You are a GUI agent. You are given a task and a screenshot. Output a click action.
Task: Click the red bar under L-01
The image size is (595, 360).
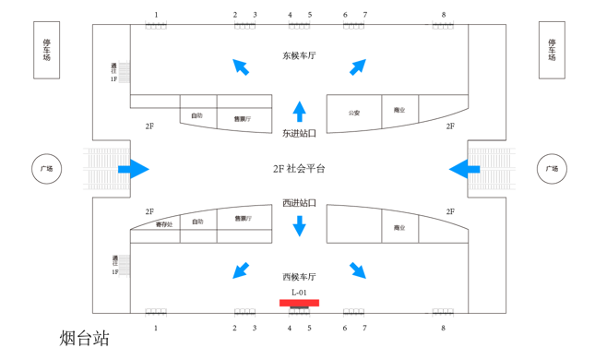pyautogui.click(x=299, y=303)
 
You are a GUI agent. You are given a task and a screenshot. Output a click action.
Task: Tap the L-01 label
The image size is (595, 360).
pyautogui.click(x=299, y=293)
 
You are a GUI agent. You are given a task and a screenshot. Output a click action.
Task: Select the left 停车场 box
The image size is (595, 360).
pyautogui.click(x=47, y=50)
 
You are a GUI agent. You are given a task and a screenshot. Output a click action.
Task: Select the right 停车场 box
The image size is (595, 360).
pyautogui.click(x=552, y=50)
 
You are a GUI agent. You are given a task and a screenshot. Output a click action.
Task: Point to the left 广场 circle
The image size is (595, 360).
pyautogui.click(x=46, y=169)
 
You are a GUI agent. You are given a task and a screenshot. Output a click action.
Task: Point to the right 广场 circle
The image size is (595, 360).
pyautogui.click(x=552, y=169)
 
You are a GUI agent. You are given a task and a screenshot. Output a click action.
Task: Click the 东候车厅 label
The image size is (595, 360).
pyautogui.click(x=299, y=56)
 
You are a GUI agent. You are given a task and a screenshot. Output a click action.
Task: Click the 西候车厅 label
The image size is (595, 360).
pyautogui.click(x=299, y=277)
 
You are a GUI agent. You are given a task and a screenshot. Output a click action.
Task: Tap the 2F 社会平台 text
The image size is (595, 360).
pyautogui.click(x=299, y=169)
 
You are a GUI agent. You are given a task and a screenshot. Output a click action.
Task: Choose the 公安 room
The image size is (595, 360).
pyautogui.click(x=354, y=113)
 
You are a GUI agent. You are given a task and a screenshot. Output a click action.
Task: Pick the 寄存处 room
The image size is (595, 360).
pyautogui.click(x=163, y=225)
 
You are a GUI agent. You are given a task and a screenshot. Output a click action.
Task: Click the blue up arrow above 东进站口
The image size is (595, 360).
pyautogui.click(x=299, y=112)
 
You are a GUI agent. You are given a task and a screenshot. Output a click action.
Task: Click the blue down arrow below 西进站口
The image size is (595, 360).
pyautogui.click(x=299, y=225)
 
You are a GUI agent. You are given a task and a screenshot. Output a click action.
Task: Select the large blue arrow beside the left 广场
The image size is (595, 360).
pyautogui.click(x=134, y=169)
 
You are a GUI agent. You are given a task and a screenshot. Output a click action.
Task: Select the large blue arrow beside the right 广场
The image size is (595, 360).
pyautogui.click(x=464, y=169)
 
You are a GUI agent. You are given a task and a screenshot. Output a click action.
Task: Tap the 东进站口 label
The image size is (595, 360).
pyautogui.click(x=299, y=133)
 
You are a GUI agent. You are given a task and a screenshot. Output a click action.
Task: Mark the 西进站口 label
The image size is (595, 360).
pyautogui.click(x=299, y=203)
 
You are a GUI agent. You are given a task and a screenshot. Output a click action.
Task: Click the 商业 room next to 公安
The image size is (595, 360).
pyautogui.click(x=399, y=111)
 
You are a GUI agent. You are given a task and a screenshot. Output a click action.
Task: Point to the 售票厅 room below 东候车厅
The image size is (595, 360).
pyautogui.click(x=243, y=118)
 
